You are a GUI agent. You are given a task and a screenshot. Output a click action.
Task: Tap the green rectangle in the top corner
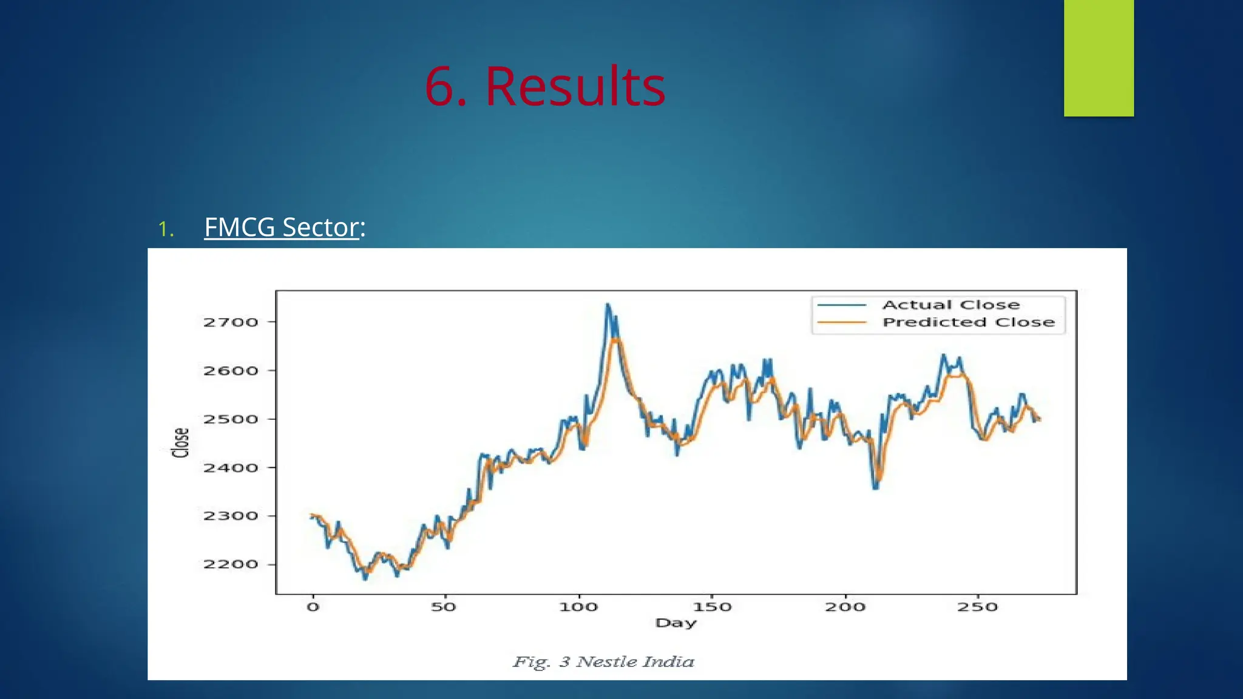(1099, 58)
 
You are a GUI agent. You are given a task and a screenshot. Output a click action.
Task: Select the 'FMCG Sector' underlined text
(282, 228)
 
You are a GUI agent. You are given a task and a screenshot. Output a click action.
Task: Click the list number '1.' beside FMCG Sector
(166, 229)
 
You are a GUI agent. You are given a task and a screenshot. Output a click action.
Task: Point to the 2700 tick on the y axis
(231, 322)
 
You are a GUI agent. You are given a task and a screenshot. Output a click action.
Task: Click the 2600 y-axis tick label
(231, 371)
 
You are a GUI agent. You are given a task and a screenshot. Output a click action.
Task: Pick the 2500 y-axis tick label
(231, 419)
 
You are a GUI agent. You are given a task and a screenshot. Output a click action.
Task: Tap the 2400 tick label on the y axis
(231, 468)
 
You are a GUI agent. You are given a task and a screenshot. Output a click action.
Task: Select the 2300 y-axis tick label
(231, 516)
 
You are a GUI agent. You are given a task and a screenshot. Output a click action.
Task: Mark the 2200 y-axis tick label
(231, 565)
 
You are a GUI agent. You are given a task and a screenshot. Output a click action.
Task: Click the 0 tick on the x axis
(313, 607)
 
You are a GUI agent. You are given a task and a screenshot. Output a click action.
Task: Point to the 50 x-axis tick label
(444, 607)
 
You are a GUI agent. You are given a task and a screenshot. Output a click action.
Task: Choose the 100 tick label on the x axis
(578, 607)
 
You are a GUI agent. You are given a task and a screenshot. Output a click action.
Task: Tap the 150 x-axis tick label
(711, 607)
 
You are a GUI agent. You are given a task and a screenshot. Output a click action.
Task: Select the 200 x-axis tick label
(845, 607)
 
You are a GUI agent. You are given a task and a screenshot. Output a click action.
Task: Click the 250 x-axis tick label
(977, 607)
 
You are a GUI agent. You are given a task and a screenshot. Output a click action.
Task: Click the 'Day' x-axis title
(676, 623)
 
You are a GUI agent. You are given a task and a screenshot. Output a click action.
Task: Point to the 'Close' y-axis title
(181, 442)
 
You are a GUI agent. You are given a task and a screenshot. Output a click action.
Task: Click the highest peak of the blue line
(608, 304)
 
